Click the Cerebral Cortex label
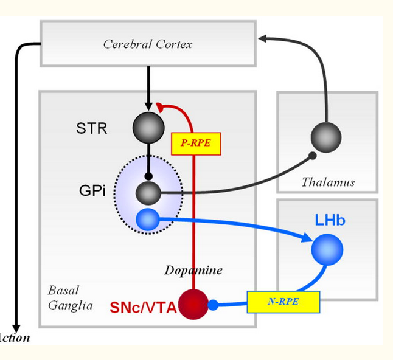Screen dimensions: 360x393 coord(148,44)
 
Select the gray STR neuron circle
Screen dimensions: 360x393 coord(148,127)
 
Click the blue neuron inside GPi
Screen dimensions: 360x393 coord(148,220)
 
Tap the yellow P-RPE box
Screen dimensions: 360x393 coord(196,144)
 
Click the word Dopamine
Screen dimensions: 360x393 coord(192,269)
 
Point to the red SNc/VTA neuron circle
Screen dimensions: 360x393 coord(193,303)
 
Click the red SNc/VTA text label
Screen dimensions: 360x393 coord(143,308)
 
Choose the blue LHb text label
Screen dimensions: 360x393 coord(330,220)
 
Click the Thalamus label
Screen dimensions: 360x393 coord(328,182)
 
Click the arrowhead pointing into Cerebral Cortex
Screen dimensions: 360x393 coord(263,39)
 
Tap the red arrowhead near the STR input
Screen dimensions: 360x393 coord(160,108)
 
